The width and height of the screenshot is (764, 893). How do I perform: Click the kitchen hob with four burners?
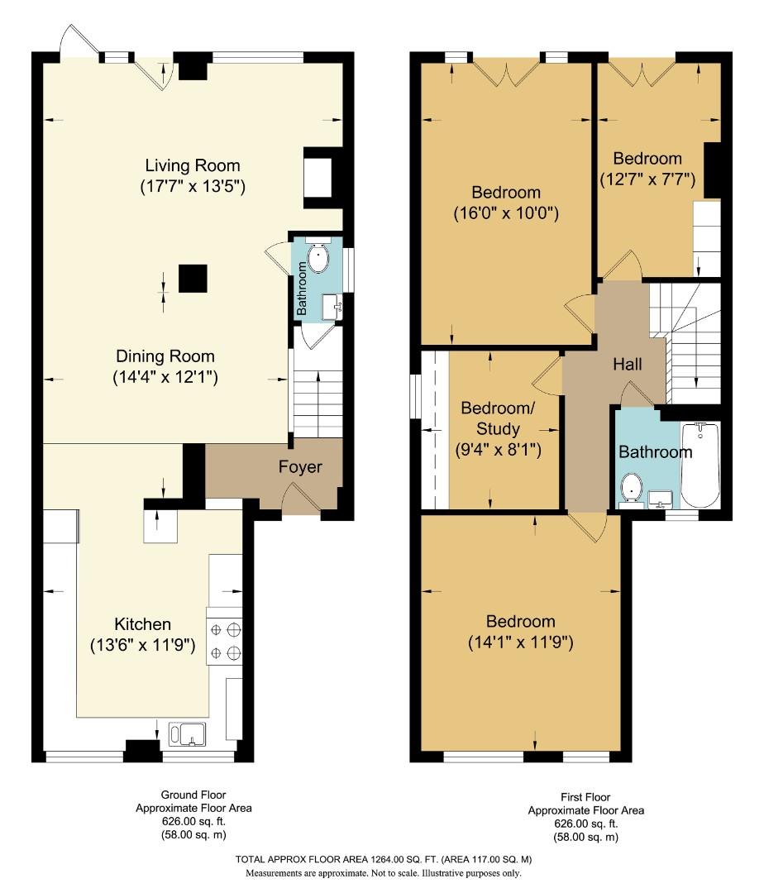[x=225, y=641]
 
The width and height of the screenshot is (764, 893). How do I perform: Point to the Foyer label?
[x=299, y=467]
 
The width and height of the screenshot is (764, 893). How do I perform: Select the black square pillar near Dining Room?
[x=193, y=279]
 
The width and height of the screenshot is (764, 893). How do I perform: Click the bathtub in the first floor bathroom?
[x=700, y=465]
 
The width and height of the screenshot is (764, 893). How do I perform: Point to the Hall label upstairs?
[x=628, y=364]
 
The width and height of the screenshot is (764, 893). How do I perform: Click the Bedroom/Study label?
[x=490, y=418]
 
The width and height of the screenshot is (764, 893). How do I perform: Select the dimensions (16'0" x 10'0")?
[x=507, y=213]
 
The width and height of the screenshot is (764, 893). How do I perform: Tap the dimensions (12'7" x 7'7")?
[x=647, y=178]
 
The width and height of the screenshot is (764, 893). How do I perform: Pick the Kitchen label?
[x=142, y=624]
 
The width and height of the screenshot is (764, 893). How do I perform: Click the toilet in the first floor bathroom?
[x=633, y=488]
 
